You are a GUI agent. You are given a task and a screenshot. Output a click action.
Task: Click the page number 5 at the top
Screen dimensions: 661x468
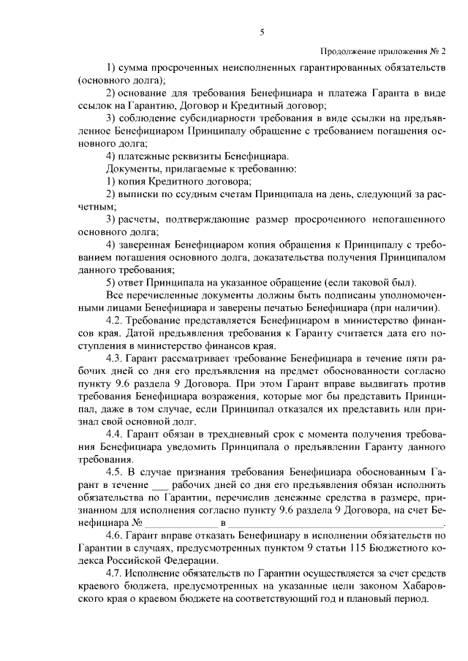[x=261, y=32]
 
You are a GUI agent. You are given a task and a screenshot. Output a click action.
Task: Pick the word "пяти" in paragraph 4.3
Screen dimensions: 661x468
[x=417, y=358]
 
